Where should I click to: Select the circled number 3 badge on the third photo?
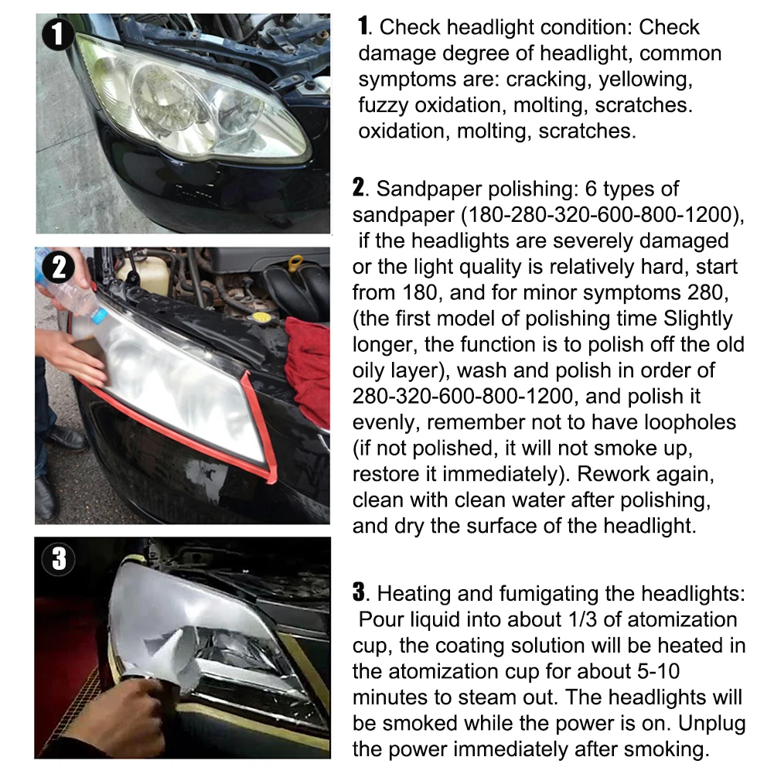pos(59,559)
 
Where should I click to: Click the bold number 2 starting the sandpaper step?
pos(358,188)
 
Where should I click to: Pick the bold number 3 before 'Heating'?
pos(358,593)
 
